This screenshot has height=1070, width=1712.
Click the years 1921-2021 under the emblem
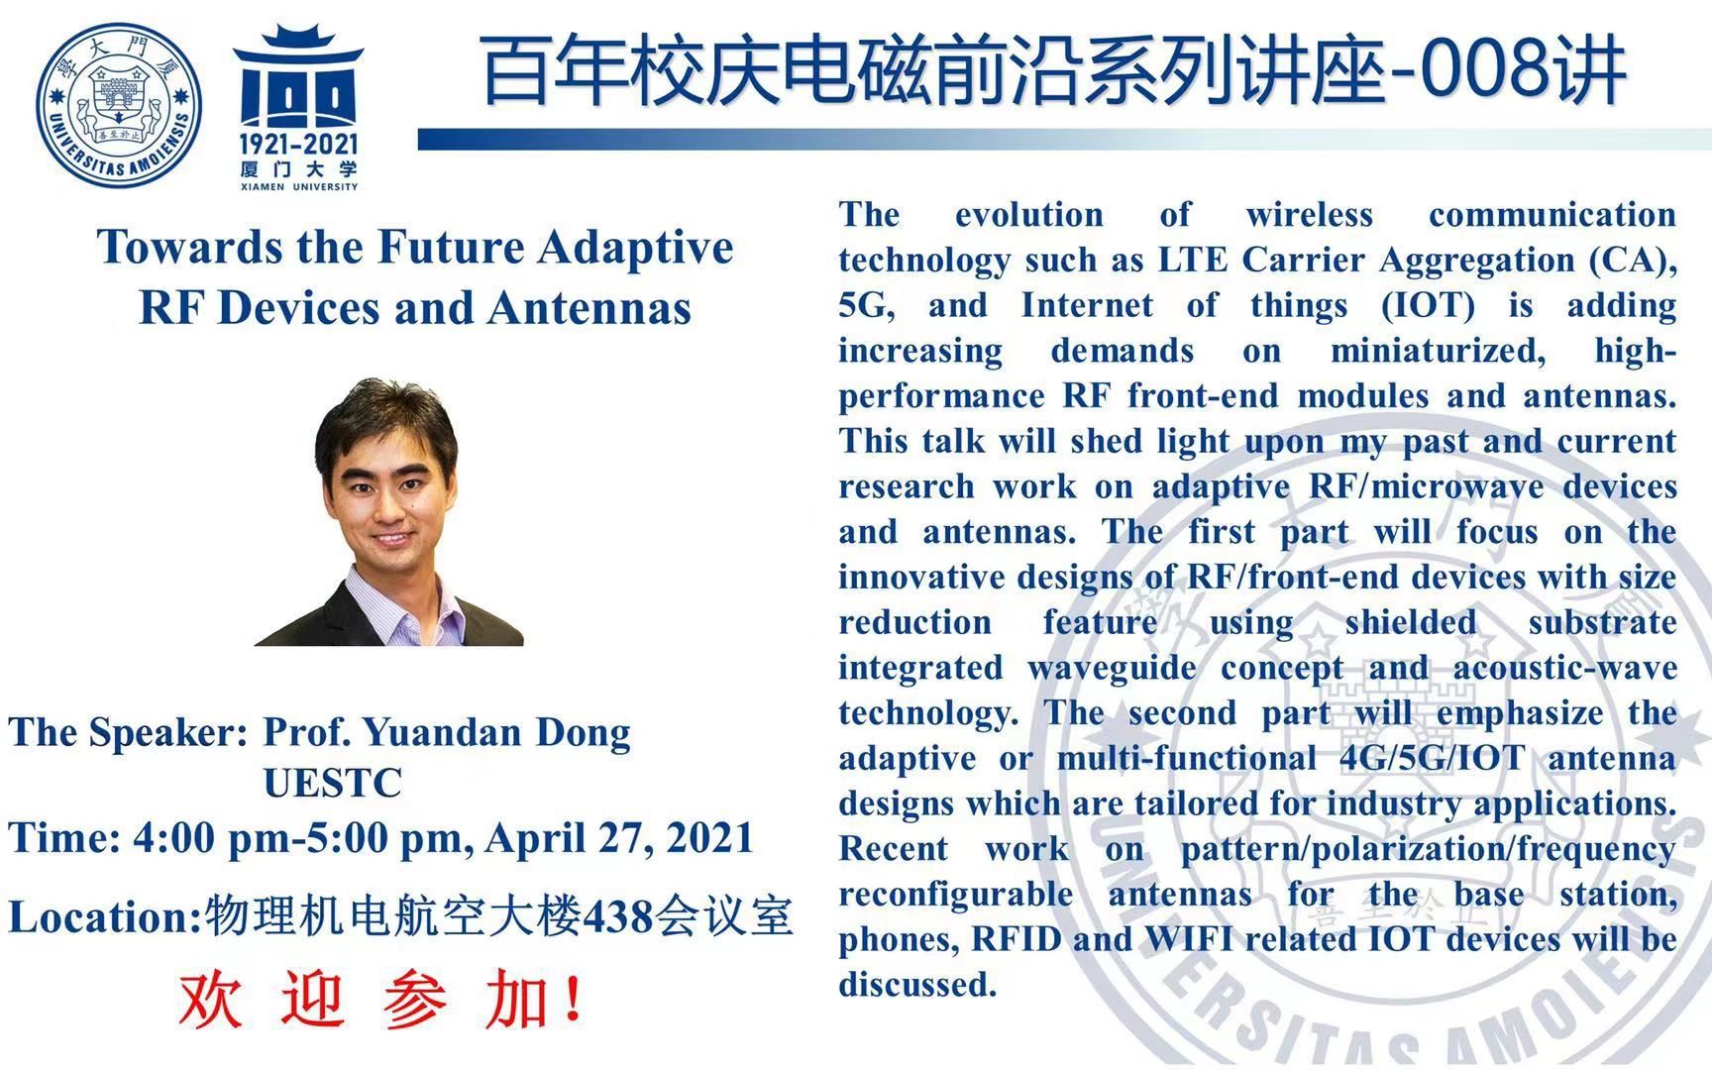coord(298,146)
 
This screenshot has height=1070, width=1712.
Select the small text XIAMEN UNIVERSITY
coord(298,186)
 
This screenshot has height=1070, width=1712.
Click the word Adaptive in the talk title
coord(635,249)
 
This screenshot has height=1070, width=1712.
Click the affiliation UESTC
coord(332,783)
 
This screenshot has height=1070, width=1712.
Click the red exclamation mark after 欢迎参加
coord(572,999)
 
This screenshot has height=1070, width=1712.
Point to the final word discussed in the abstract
coord(917,984)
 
